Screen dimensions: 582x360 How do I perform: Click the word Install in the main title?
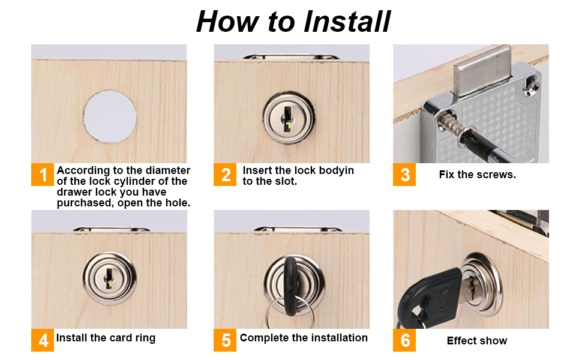point(347,22)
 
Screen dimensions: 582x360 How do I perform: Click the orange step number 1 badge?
point(43,175)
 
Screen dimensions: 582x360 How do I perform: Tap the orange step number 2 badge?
point(225,175)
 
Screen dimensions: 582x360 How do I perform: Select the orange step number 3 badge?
point(404,175)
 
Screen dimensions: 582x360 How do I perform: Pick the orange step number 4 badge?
point(43,340)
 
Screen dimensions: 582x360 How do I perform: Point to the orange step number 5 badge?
point(225,340)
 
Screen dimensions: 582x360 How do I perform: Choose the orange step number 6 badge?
point(404,340)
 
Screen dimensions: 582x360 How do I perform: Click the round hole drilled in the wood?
point(110,116)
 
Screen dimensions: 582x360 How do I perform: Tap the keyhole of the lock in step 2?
point(287,119)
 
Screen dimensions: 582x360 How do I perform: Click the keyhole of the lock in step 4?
point(109,278)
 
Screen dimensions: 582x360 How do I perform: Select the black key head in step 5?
point(290,286)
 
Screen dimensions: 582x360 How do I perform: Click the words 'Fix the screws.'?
point(478,175)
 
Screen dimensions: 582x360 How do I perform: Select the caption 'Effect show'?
point(477,340)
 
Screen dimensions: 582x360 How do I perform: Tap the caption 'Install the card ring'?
point(106,338)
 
